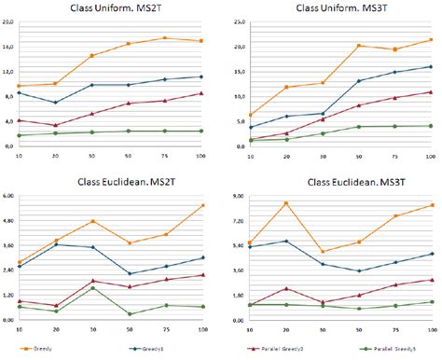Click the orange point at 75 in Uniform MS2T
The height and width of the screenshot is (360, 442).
165,38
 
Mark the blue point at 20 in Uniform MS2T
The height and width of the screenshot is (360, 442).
55,103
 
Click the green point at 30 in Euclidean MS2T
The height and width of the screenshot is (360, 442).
92,287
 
